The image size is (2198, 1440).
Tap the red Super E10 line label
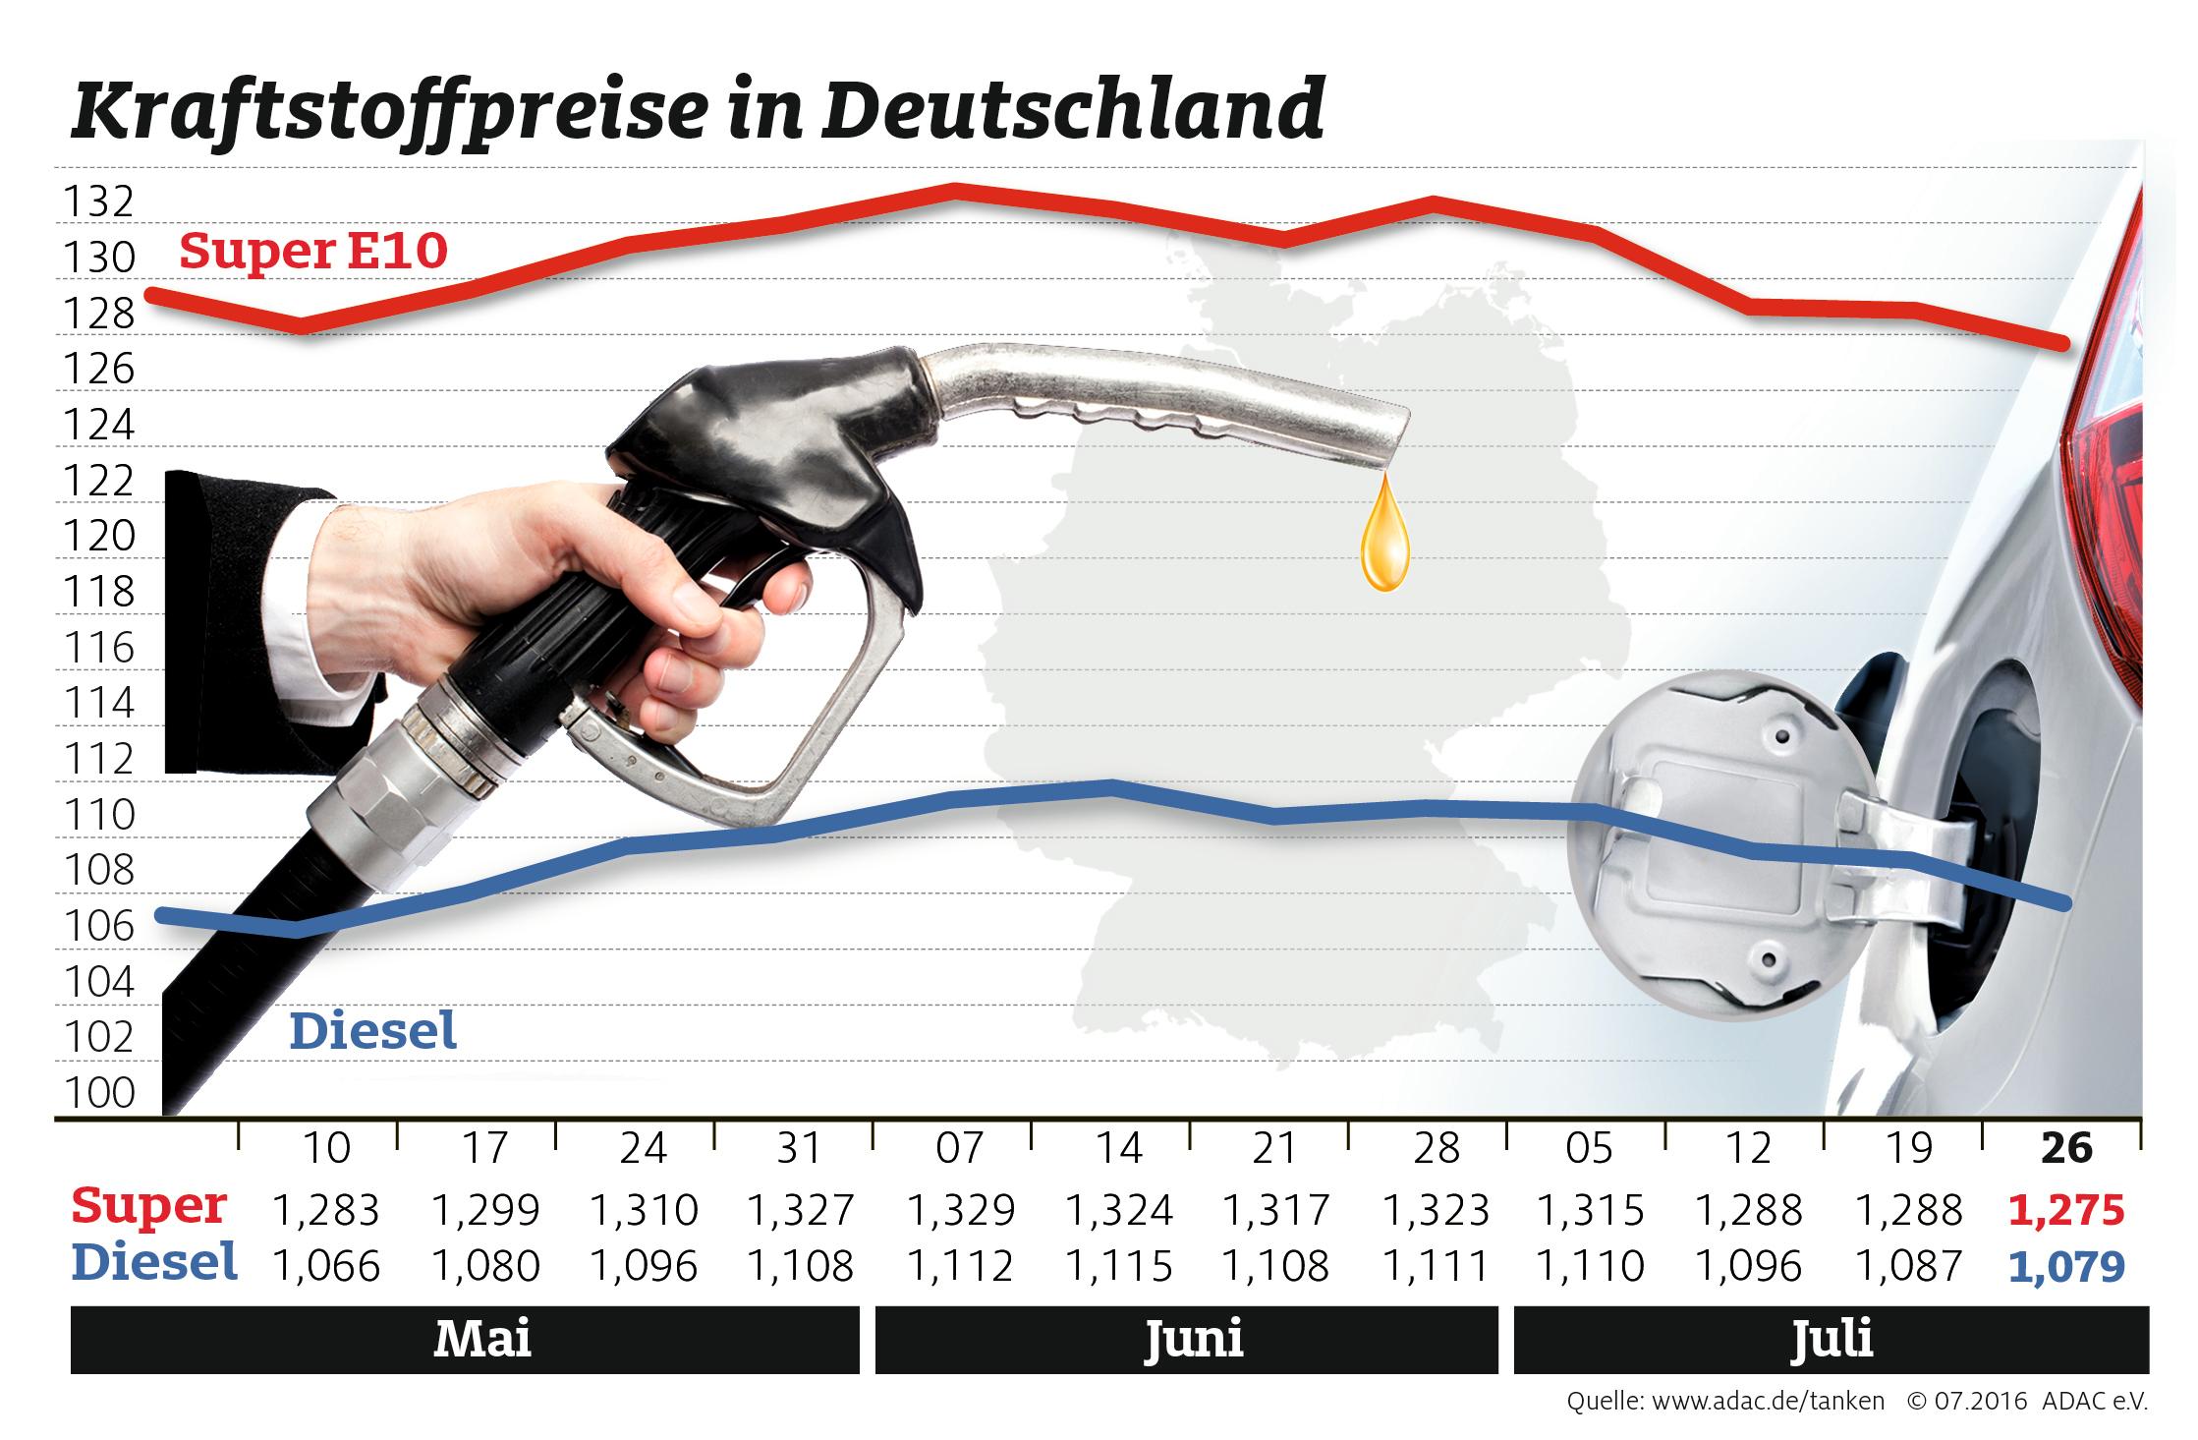pos(312,252)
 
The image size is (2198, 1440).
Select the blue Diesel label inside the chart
pos(373,1032)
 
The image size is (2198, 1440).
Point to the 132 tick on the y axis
pos(97,202)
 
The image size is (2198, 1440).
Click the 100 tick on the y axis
pos(97,1092)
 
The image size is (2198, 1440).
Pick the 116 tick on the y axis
pos(97,648)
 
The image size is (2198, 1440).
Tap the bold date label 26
pos(2066,1148)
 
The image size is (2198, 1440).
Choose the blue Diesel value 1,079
pos(2066,1267)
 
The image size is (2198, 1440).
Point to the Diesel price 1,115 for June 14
pos(1118,1267)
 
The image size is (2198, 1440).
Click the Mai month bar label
pos(482,1339)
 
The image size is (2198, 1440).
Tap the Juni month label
pos(1193,1339)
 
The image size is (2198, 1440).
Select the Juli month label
pos(1831,1339)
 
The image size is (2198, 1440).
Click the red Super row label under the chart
pos(148,1207)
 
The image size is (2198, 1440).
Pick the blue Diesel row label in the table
pos(154,1264)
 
